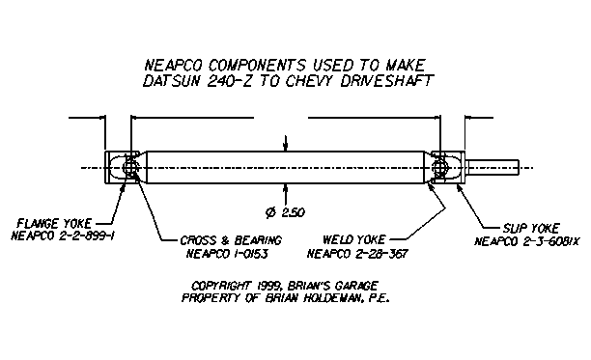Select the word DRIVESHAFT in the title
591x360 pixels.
click(387, 81)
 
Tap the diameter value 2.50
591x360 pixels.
click(294, 212)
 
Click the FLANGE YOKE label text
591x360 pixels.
click(54, 224)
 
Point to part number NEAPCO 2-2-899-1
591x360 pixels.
click(63, 236)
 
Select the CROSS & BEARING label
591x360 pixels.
click(231, 240)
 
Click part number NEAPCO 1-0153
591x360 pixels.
click(227, 254)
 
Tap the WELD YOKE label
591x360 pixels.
click(353, 239)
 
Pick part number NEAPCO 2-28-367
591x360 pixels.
click(357, 254)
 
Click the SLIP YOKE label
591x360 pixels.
click(531, 228)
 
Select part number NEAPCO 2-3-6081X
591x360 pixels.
click(527, 241)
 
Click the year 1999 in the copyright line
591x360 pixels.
click(268, 286)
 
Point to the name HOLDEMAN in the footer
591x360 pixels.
click(333, 298)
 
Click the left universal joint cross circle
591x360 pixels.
click(130, 167)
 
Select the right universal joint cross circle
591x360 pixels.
click(439, 167)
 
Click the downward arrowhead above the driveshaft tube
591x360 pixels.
click(286, 148)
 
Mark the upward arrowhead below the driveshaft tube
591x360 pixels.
click(286, 188)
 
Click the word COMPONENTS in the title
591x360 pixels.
click(257, 65)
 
